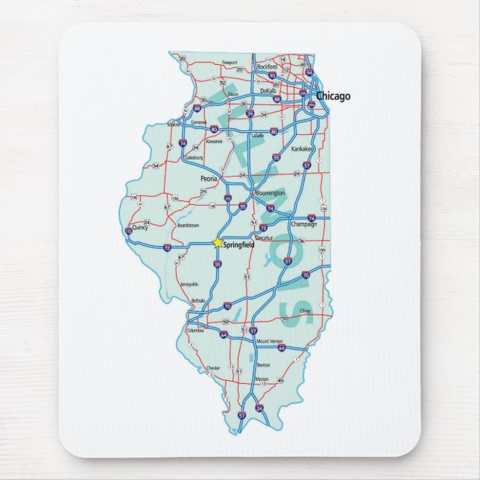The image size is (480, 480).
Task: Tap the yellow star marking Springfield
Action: (217, 242)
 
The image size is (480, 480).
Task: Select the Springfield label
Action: (239, 244)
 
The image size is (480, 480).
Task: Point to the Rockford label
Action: (267, 66)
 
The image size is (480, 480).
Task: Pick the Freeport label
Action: (230, 63)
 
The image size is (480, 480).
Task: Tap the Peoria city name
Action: (209, 179)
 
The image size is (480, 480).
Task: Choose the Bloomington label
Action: (270, 192)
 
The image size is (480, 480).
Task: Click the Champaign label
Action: (303, 224)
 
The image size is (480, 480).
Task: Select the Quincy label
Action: (139, 227)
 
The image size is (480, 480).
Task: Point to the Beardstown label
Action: (188, 224)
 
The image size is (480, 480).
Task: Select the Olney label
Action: (304, 310)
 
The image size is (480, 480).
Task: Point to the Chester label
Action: (213, 367)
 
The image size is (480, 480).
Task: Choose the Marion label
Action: (261, 379)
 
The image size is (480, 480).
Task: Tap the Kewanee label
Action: (215, 140)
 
